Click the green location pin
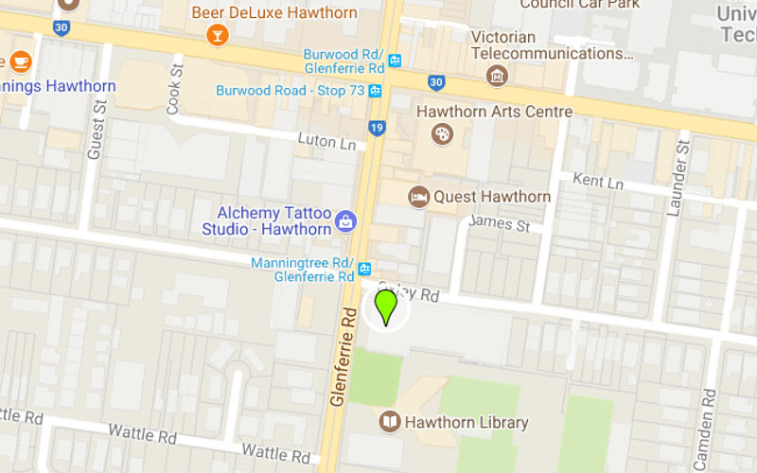386,306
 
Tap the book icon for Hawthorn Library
389,422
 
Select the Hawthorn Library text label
467,423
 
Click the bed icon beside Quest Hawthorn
418,197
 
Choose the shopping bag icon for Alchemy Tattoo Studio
345,221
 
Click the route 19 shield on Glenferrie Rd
378,126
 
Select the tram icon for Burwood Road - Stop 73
376,91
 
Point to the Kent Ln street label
600,181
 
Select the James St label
499,224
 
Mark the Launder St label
675,177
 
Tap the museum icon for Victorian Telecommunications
495,75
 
